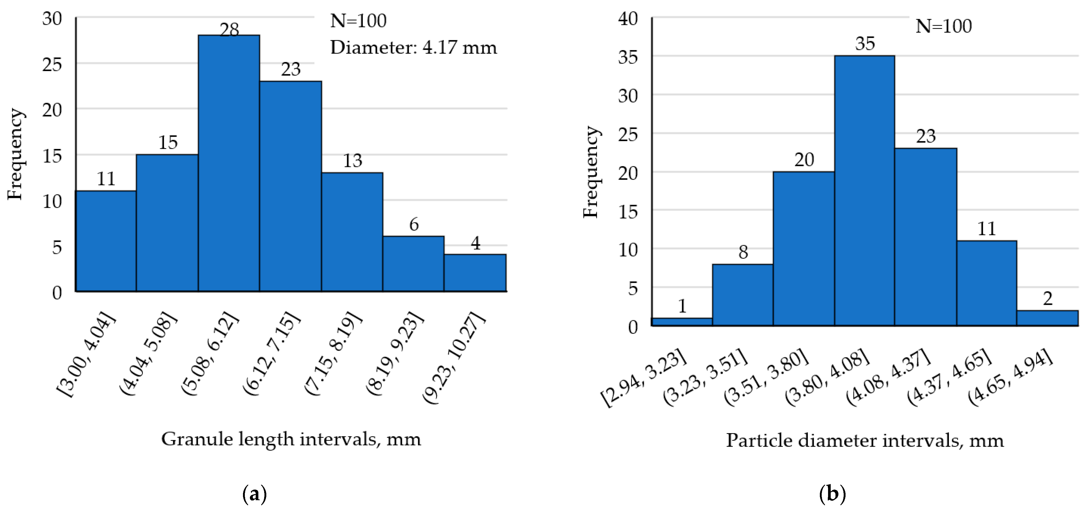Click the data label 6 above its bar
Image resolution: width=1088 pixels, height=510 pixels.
414,224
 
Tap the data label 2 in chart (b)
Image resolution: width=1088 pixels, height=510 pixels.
1047,299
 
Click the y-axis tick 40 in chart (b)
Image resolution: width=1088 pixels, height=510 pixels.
628,19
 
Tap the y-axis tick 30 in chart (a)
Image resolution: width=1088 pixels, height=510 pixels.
52,19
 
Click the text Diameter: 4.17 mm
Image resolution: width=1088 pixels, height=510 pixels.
413,47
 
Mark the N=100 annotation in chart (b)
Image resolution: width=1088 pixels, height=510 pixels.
944,26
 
